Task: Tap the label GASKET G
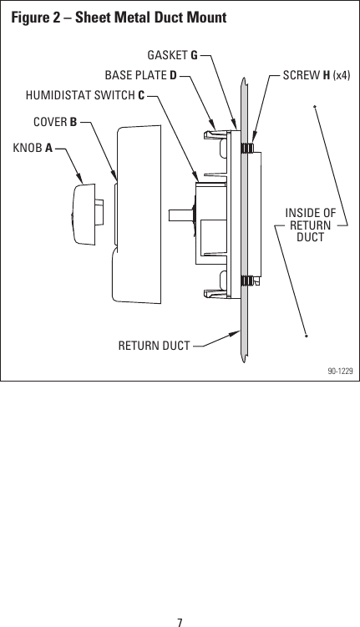click(x=172, y=56)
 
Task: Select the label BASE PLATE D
click(x=139, y=75)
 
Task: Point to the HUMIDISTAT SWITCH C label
click(x=85, y=94)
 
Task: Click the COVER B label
click(x=55, y=122)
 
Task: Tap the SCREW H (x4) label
click(x=316, y=75)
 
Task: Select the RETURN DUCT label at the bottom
click(x=154, y=343)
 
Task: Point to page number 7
click(x=180, y=619)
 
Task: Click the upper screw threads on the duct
click(x=248, y=147)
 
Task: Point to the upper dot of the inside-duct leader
click(x=315, y=106)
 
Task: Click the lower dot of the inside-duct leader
click(x=307, y=336)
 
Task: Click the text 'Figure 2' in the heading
click(x=35, y=17)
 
